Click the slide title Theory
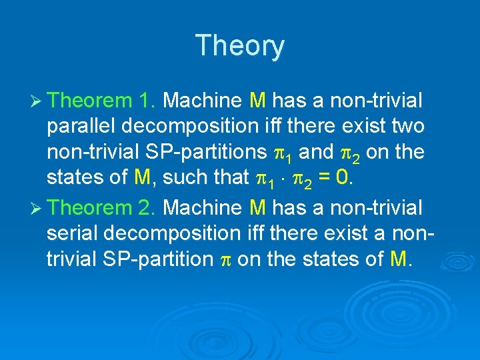coord(240,46)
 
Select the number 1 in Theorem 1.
coord(146,101)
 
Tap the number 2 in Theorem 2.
coord(146,208)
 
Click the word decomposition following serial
coord(175,233)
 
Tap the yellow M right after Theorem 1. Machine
coord(258,101)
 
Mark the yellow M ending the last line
coord(397,259)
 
